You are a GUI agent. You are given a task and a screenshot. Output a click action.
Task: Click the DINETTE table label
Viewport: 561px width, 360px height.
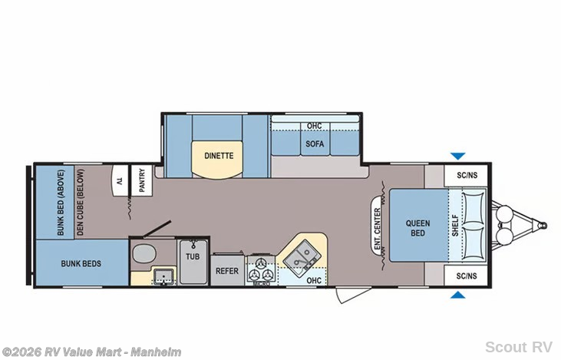(x=219, y=156)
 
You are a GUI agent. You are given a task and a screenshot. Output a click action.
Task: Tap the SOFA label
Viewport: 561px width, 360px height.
(x=315, y=144)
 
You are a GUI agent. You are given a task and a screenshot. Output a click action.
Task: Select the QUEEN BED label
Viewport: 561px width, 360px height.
(x=417, y=228)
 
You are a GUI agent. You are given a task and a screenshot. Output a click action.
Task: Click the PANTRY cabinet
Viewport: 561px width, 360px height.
(x=142, y=180)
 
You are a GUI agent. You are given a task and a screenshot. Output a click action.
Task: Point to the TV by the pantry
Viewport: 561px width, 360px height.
(x=120, y=180)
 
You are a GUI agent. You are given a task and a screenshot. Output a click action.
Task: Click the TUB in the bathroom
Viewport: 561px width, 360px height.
(x=193, y=262)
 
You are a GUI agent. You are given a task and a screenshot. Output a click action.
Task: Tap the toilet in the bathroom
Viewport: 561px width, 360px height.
(x=144, y=253)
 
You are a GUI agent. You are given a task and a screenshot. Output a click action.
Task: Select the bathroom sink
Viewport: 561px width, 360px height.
(x=164, y=276)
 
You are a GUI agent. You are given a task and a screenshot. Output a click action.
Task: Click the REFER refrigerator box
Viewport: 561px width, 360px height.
(x=227, y=270)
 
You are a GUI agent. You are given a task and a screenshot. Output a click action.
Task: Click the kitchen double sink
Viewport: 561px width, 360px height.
(x=302, y=256)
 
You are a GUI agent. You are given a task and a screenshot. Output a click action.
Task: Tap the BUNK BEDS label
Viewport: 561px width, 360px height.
(x=81, y=264)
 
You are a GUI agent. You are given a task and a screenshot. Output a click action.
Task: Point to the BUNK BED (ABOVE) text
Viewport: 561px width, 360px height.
(x=61, y=203)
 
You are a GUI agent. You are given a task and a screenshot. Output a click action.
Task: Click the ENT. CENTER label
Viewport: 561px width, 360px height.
(x=378, y=229)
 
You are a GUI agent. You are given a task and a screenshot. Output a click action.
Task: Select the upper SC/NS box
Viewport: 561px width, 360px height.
(x=467, y=175)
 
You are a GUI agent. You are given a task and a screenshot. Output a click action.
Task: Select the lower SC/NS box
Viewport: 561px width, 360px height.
(x=467, y=276)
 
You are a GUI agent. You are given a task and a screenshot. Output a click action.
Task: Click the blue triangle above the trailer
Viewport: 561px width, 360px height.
(x=457, y=156)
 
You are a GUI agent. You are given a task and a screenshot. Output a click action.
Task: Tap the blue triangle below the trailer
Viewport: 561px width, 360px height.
(x=457, y=295)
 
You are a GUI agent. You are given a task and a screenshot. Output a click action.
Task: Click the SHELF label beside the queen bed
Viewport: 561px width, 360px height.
(x=455, y=225)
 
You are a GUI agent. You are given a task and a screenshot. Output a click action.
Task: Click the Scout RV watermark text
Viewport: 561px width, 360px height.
(x=519, y=347)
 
